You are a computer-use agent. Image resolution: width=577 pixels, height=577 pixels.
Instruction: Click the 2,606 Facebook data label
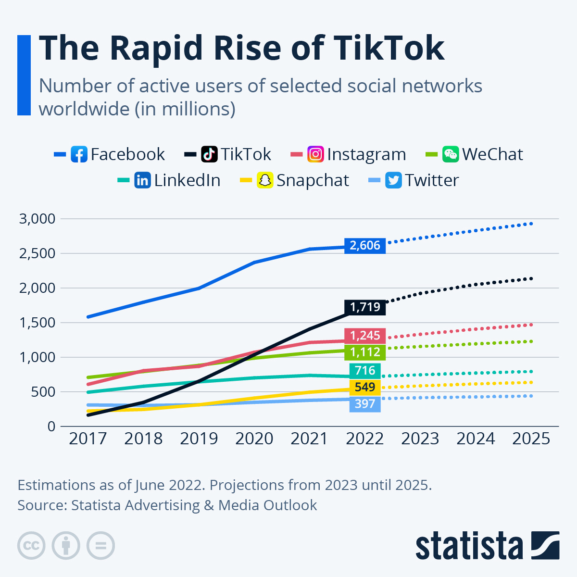pyautogui.click(x=365, y=245)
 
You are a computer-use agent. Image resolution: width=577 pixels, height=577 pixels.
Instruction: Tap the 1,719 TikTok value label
pyautogui.click(x=365, y=307)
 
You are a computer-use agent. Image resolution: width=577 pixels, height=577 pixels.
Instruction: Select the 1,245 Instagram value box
pyautogui.click(x=365, y=336)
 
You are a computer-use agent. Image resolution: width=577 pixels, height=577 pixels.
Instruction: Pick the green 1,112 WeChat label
pyautogui.click(x=365, y=352)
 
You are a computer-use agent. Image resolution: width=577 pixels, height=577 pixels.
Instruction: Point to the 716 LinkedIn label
pyautogui.click(x=365, y=370)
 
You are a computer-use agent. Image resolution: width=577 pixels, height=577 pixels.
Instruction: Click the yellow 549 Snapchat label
pyautogui.click(x=365, y=387)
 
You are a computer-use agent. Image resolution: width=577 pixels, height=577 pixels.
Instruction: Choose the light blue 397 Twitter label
pyautogui.click(x=365, y=403)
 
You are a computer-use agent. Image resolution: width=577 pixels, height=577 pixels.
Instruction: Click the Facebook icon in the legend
pyautogui.click(x=79, y=154)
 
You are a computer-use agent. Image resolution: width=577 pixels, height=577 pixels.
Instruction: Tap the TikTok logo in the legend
pyautogui.click(x=209, y=154)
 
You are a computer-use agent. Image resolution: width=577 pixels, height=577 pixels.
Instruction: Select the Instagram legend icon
pyautogui.click(x=315, y=154)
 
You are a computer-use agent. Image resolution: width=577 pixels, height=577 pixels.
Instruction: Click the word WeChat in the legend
pyautogui.click(x=492, y=154)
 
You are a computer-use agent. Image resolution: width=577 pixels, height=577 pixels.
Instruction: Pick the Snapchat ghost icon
pyautogui.click(x=265, y=180)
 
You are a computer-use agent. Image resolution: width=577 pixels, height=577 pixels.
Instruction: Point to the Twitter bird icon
pyautogui.click(x=393, y=180)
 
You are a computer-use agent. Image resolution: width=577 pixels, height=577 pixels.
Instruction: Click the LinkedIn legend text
pyautogui.click(x=187, y=180)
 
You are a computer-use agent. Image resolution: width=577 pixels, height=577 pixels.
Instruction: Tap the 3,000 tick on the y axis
pyautogui.click(x=38, y=219)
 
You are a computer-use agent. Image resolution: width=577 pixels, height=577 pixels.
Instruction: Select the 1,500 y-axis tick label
pyautogui.click(x=38, y=323)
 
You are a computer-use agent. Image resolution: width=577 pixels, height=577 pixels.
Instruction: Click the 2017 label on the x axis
pyautogui.click(x=88, y=439)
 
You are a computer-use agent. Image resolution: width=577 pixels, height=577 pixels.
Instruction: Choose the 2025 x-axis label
pyautogui.click(x=531, y=439)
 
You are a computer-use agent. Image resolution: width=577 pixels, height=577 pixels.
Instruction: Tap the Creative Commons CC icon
pyautogui.click(x=31, y=546)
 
